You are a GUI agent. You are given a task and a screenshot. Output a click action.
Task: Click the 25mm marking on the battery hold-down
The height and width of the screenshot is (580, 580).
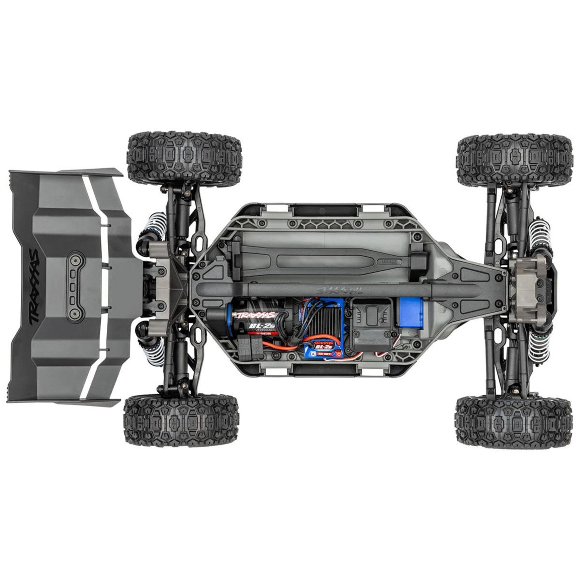(385, 262)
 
